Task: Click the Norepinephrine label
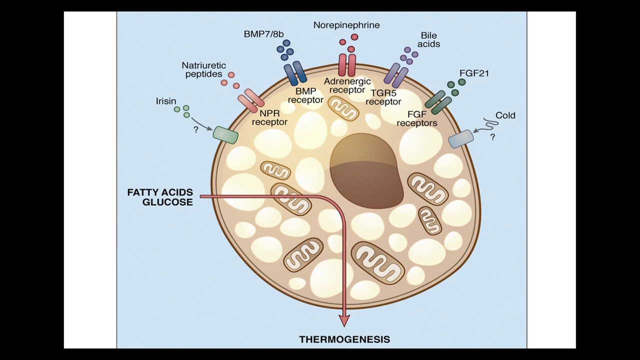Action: [x=346, y=25]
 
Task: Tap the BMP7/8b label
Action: [x=263, y=34]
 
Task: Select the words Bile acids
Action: [x=428, y=39]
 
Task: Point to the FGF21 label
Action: [x=474, y=73]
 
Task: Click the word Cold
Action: [x=505, y=115]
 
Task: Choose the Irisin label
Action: [x=166, y=101]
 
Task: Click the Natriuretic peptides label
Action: [x=203, y=69]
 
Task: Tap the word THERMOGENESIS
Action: [x=344, y=339]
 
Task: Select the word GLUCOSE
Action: [x=167, y=202]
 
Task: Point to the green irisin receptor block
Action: [x=225, y=135]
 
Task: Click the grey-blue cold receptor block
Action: [x=461, y=139]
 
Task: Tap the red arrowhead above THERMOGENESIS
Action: [x=344, y=320]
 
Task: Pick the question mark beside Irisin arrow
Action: [x=195, y=130]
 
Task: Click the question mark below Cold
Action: [x=493, y=137]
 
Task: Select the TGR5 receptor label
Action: [x=383, y=97]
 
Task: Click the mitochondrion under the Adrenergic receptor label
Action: [x=343, y=108]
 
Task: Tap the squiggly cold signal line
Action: [x=490, y=123]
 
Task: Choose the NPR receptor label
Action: [x=269, y=117]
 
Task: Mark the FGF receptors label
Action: [x=417, y=119]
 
